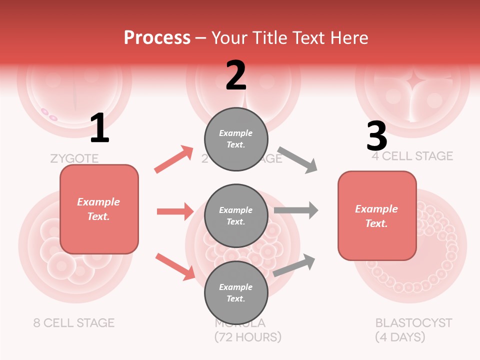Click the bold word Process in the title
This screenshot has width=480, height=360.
coord(157,37)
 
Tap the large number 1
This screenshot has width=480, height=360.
coord(99,128)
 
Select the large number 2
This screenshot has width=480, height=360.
coord(236,75)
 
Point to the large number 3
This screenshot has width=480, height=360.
coord(376,136)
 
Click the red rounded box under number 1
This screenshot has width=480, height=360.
coord(99,209)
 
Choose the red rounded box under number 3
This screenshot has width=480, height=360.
coord(377,215)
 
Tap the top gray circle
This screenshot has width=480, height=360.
coord(236,139)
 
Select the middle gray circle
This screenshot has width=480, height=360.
coord(236,215)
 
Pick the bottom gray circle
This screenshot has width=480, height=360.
coord(236,292)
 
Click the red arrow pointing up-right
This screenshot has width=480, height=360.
coord(174,159)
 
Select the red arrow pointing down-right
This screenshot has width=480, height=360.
coord(175,266)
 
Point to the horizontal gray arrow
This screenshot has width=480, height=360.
coord(296,210)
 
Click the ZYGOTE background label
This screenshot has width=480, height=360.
coord(74,159)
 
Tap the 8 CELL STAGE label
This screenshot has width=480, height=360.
coord(74,322)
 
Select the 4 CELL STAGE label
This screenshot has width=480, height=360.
coord(412,156)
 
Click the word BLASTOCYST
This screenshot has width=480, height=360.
coord(413,322)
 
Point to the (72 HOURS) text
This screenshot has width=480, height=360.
coord(248,336)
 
